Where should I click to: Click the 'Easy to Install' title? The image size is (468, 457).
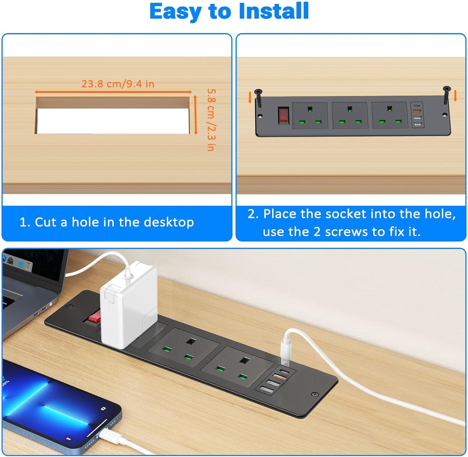pos(229,11)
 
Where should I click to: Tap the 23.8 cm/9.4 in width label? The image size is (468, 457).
pos(118,84)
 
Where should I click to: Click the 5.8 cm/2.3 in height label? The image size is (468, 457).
pos(211,120)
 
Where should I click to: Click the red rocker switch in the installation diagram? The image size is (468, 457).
pos(283,116)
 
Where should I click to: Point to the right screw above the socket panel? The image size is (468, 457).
pos(447,95)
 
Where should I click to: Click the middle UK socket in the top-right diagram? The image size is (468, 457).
pos(350,115)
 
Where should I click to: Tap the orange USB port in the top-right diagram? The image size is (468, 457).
pos(417,111)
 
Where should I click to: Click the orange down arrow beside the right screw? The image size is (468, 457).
pos(455,96)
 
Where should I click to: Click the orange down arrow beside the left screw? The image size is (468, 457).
pos(250,97)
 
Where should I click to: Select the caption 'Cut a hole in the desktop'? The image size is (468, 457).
pos(107,222)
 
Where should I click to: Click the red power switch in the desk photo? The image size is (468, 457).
pos(93,316)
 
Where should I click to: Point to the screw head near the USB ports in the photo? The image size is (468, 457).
pos(314,394)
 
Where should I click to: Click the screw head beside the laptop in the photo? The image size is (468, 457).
pos(69,306)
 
